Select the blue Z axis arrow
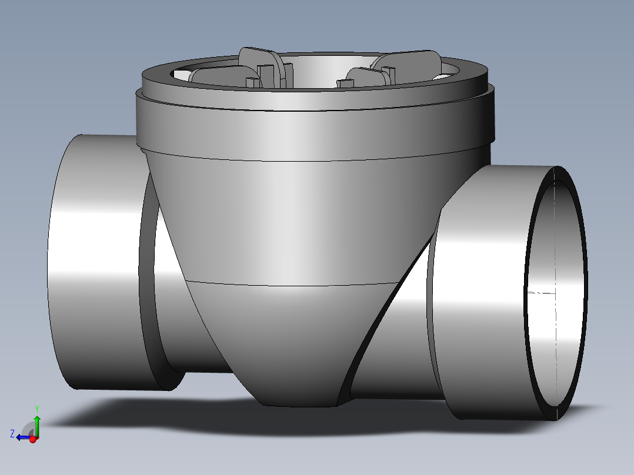tap(23, 437)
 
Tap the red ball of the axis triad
tap(34, 439)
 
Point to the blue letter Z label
tap(12, 434)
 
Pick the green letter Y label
tap(36, 408)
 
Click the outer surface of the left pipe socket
tap(94, 265)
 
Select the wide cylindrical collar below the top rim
tap(312, 126)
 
